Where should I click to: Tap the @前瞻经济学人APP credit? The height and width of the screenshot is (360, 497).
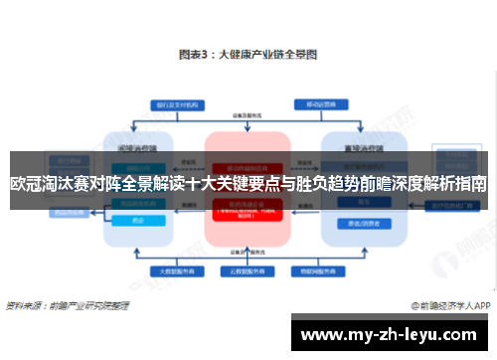coord(449,305)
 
